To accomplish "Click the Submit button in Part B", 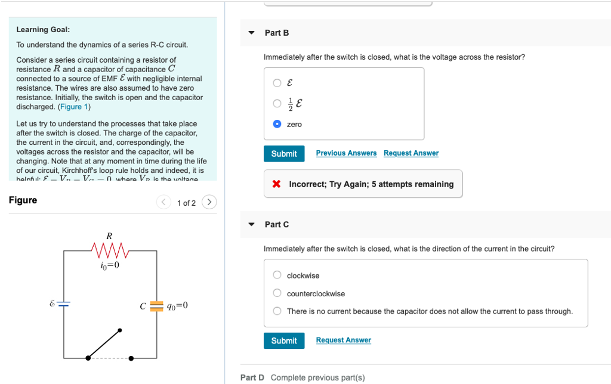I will [284, 153].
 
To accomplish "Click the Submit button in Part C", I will [284, 340].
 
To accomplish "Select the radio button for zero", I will [277, 124].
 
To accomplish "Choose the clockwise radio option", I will [277, 275].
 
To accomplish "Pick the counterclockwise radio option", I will [277, 293].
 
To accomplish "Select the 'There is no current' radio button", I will [277, 311].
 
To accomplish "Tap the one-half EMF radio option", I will [277, 103].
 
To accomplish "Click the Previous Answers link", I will [346, 153].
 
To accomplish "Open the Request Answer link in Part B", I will [411, 153].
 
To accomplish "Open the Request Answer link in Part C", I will [343, 340].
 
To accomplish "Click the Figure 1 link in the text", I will [75, 107].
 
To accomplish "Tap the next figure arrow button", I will [209, 202].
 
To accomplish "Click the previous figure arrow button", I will [163, 202].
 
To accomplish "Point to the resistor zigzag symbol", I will [109, 247].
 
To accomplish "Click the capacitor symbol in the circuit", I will [156, 305].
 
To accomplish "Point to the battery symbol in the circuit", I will [64, 304].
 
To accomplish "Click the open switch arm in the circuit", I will [104, 343].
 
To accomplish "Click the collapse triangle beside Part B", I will [251, 33].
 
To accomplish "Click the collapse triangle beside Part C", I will [251, 225].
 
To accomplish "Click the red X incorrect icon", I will [276, 184].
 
